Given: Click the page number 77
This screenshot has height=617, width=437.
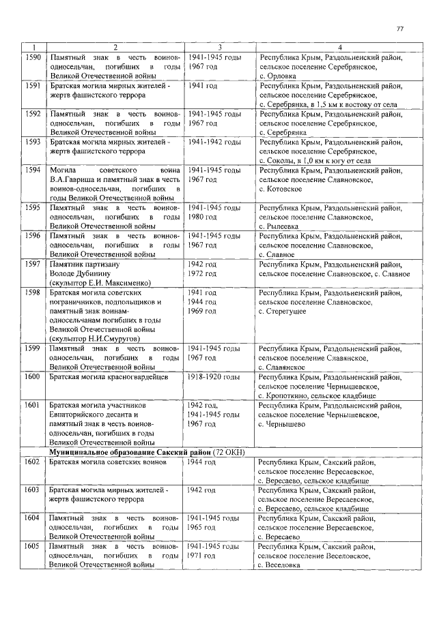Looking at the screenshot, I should point(400,28).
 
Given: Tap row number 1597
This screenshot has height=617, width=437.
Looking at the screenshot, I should point(33,263).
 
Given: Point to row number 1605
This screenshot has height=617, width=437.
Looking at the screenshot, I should point(33,547).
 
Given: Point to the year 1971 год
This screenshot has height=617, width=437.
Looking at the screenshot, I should point(202,556).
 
